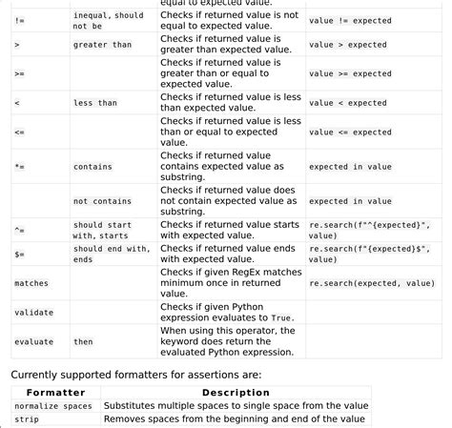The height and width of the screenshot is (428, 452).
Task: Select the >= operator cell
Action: (20, 73)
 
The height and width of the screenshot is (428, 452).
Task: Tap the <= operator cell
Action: (20, 132)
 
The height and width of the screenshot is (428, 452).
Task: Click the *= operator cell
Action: (20, 167)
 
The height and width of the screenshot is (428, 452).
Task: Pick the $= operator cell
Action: (20, 254)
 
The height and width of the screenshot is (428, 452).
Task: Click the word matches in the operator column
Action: (31, 283)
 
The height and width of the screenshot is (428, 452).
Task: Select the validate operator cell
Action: (33, 312)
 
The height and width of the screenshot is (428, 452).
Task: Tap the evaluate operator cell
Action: (33, 341)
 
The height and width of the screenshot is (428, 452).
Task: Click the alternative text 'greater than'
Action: (102, 44)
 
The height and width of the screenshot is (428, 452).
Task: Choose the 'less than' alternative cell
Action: (95, 103)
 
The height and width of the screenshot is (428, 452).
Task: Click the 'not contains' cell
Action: (102, 201)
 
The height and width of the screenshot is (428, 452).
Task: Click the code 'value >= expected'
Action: (348, 73)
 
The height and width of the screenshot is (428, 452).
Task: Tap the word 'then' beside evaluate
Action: (84, 341)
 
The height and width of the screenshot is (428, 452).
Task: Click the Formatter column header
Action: (55, 393)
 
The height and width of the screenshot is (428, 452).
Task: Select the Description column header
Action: (236, 393)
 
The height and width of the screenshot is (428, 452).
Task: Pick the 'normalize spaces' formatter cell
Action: (53, 406)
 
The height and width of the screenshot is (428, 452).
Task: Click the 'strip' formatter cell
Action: (27, 418)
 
